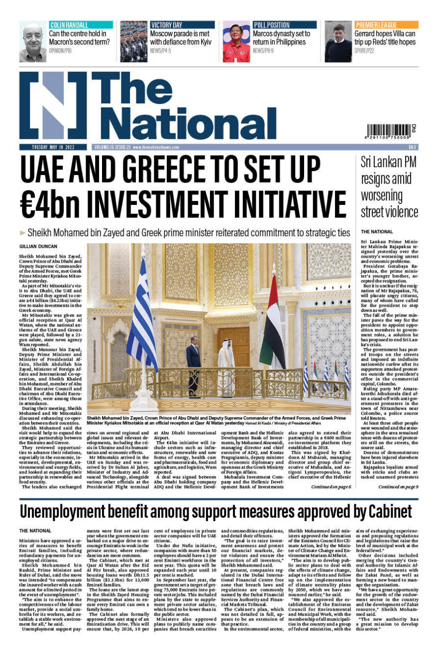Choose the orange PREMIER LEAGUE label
pos(376,25)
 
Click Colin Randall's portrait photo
pos(33,42)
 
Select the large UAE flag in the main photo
pos(274,318)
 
